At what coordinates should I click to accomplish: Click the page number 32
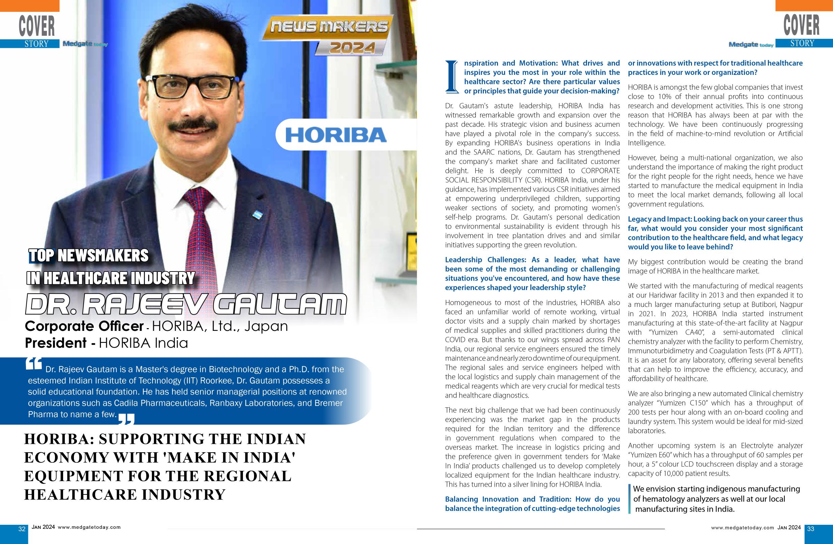click(x=22, y=528)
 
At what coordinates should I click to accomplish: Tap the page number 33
click(x=811, y=528)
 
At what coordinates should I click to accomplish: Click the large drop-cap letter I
click(x=452, y=77)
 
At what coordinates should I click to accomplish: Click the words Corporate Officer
click(x=84, y=326)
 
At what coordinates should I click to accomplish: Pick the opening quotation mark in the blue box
click(x=34, y=364)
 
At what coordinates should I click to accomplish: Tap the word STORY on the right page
click(x=802, y=43)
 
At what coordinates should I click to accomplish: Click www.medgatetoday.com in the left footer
click(x=89, y=527)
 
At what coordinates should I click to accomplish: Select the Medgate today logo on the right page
click(x=751, y=45)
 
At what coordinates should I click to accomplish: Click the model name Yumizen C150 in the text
click(x=679, y=403)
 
